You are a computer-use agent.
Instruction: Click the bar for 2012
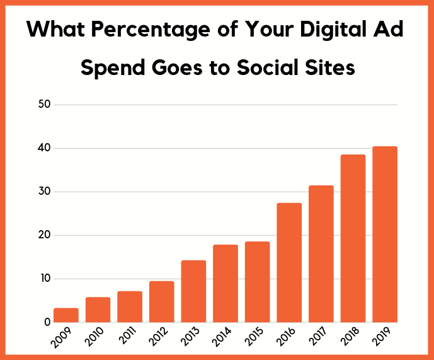click(x=162, y=301)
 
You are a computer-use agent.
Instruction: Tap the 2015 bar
click(x=257, y=282)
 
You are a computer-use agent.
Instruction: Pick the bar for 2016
click(x=289, y=262)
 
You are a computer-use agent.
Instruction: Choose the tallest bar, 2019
click(x=384, y=235)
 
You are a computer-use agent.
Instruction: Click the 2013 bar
click(x=193, y=291)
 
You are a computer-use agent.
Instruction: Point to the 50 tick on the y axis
click(x=43, y=105)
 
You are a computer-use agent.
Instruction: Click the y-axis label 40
click(x=43, y=148)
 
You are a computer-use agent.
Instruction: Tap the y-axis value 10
click(x=44, y=279)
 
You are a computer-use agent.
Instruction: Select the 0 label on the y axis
click(x=47, y=322)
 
